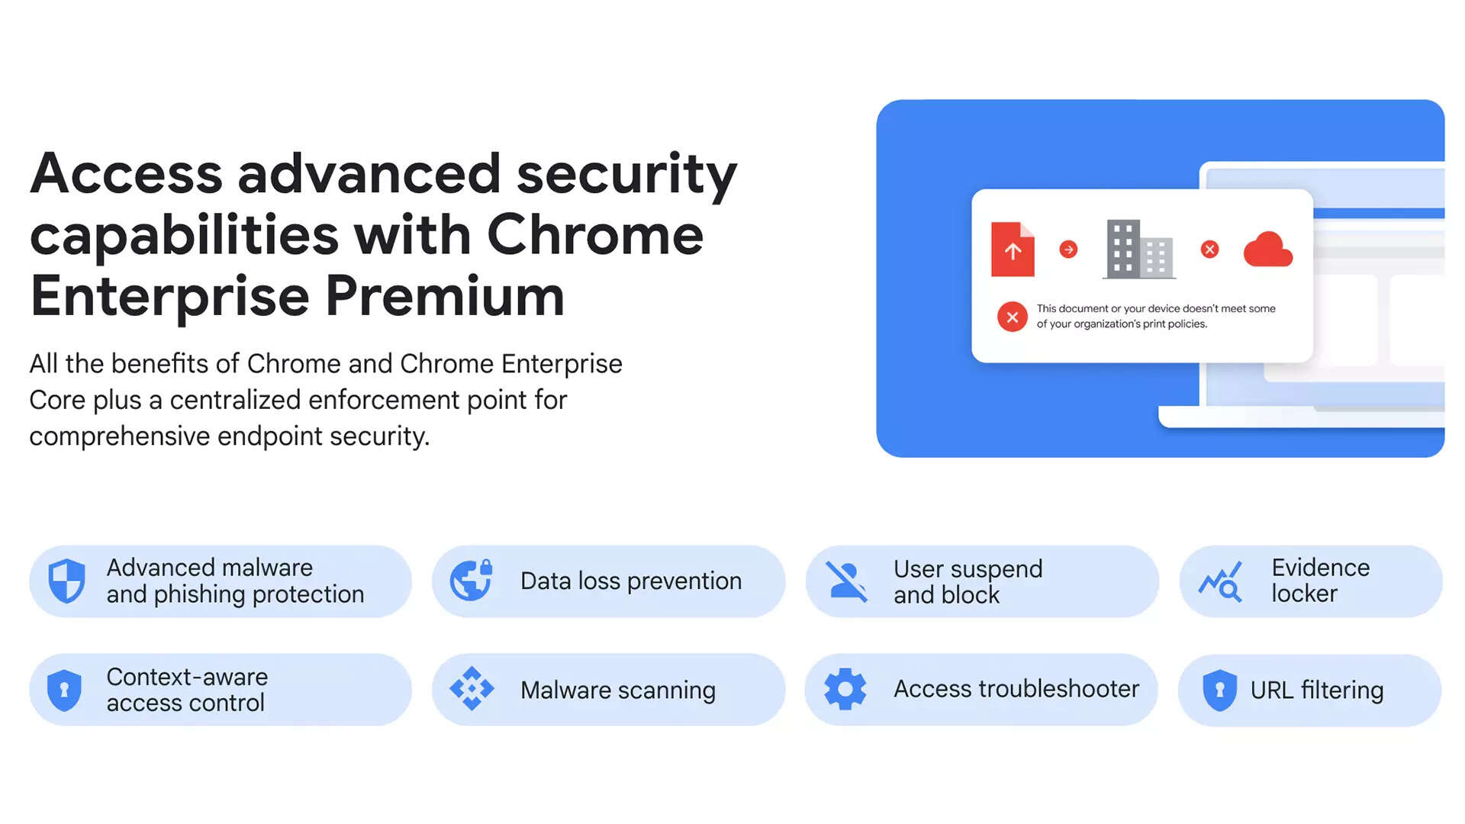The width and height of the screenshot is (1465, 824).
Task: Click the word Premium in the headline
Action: (x=445, y=297)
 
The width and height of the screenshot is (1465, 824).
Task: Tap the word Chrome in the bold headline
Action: (x=595, y=234)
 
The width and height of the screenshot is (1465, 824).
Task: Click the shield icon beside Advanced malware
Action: (x=67, y=581)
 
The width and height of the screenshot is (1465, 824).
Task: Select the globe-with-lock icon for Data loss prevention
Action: (x=472, y=581)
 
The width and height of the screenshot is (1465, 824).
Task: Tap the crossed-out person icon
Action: (x=846, y=581)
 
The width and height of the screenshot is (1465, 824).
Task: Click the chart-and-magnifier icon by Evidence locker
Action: (x=1220, y=582)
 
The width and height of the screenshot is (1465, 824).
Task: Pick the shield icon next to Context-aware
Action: (x=64, y=690)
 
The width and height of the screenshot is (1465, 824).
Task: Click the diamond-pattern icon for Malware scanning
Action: (x=472, y=689)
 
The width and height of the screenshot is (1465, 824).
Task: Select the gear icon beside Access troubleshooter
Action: (x=845, y=689)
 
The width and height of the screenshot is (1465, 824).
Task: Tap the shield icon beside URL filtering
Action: (x=1219, y=690)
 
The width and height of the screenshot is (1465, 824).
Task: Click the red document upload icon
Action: (x=1013, y=249)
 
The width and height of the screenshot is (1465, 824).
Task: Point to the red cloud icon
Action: (x=1268, y=249)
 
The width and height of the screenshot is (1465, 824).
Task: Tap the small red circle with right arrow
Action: (x=1068, y=249)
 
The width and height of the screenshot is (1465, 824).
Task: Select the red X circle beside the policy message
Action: (x=1013, y=317)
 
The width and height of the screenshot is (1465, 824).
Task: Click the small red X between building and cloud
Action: (x=1209, y=249)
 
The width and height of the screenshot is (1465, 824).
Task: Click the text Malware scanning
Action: (x=618, y=690)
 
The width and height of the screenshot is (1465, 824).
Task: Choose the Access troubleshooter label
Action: (x=1016, y=689)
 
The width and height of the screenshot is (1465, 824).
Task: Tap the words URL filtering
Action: (x=1317, y=690)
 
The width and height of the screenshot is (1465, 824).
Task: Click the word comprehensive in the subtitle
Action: (x=120, y=436)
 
